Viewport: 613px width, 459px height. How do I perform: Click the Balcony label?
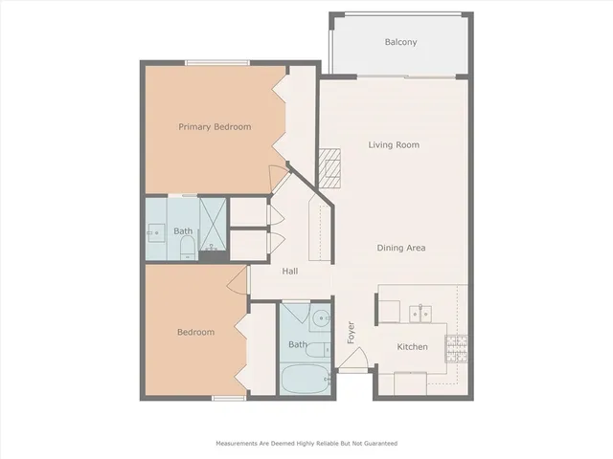(x=400, y=42)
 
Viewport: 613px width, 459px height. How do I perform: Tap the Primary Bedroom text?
(x=215, y=126)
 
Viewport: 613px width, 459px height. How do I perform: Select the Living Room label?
(x=395, y=145)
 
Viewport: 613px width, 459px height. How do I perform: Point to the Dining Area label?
(x=400, y=248)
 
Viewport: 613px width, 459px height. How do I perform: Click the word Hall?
(x=290, y=272)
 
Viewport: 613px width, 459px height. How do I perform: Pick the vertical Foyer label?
(x=352, y=331)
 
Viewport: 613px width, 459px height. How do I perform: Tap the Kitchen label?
(x=412, y=346)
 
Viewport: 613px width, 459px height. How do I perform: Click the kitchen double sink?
(x=419, y=312)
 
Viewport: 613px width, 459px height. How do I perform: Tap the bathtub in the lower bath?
(x=305, y=380)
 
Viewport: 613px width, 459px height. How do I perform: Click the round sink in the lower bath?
(x=321, y=318)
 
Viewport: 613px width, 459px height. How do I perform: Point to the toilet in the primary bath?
(x=187, y=248)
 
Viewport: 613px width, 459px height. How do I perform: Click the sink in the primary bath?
(x=155, y=231)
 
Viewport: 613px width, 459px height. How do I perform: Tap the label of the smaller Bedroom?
(x=195, y=333)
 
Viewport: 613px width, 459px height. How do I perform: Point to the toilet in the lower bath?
(x=326, y=353)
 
